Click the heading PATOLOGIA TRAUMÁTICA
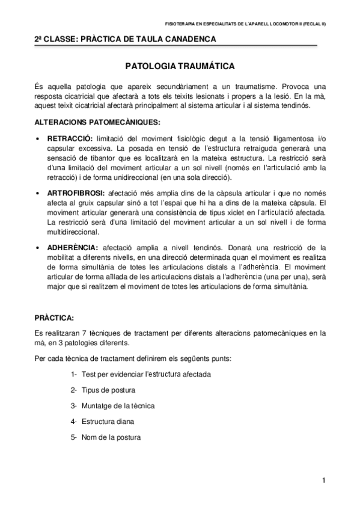click(180, 65)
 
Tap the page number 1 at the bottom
click(323, 480)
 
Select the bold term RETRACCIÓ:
click(70, 137)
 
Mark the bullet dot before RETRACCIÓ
click(39, 138)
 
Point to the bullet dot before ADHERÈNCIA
click(39, 248)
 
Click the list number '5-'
click(73, 437)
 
